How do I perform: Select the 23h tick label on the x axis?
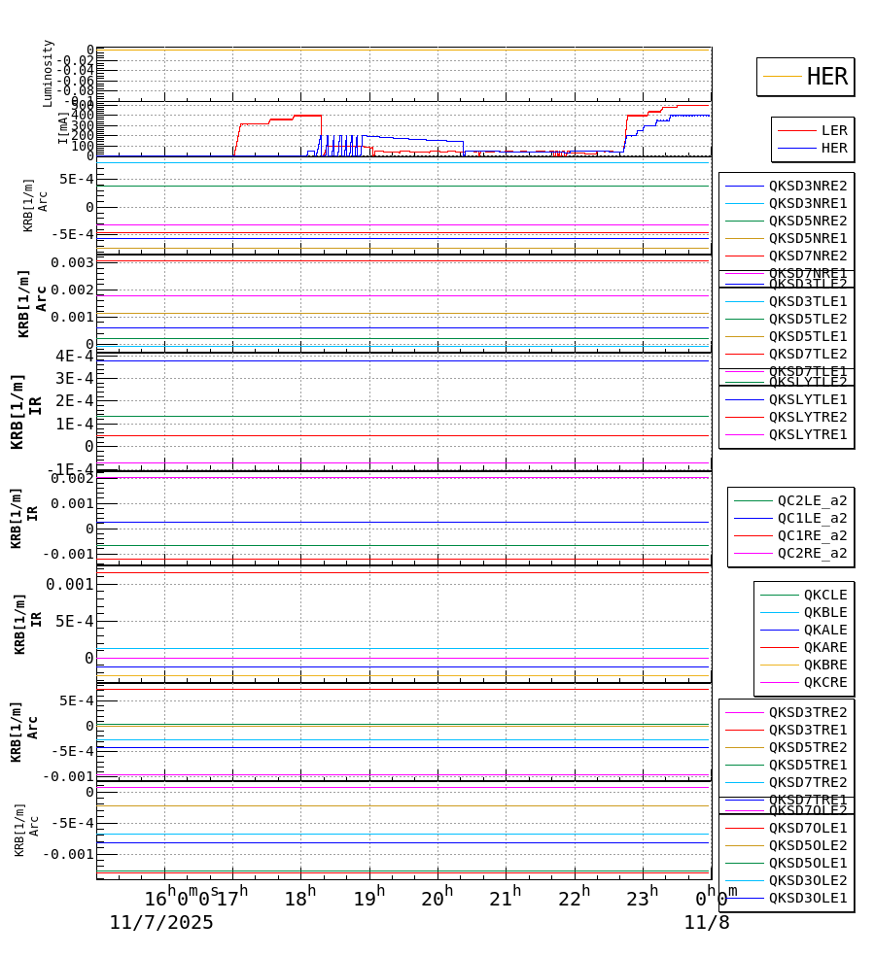tap(642, 899)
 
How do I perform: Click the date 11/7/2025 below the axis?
tap(161, 923)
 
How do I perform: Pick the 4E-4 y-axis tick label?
tap(74, 356)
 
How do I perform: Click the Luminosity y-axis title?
tap(48, 73)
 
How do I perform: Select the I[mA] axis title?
tap(63, 127)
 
